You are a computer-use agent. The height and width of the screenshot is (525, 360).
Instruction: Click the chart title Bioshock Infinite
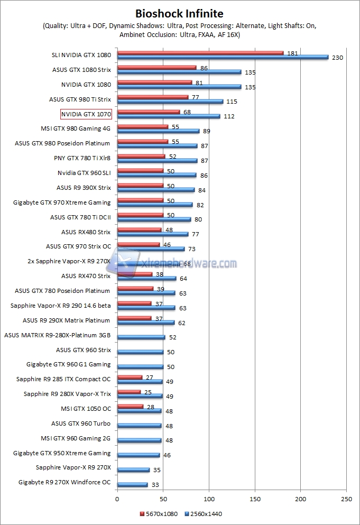point(180,13)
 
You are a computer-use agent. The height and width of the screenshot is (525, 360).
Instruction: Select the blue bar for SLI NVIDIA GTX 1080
point(222,57)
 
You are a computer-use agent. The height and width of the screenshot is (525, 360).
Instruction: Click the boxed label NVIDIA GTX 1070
point(86,114)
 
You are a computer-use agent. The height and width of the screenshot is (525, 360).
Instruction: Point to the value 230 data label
point(338,58)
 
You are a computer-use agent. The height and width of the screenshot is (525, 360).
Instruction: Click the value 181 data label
point(292,53)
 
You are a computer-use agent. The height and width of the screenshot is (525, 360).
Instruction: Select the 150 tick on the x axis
point(255,498)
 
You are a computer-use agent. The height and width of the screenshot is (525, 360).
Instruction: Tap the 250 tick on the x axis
point(347,498)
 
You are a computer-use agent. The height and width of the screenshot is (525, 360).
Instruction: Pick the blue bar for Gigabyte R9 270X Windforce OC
point(132,484)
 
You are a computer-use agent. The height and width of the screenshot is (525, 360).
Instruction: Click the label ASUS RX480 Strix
point(86,232)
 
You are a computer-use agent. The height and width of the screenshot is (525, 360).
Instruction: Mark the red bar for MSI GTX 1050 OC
point(130,406)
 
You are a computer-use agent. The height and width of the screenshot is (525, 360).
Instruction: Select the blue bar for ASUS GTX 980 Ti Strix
point(170,102)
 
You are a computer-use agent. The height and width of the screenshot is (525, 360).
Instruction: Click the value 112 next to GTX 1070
point(229,117)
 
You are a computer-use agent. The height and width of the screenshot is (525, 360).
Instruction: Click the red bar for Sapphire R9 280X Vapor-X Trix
point(129,392)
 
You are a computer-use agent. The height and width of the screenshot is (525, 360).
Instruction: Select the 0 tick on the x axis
point(117,498)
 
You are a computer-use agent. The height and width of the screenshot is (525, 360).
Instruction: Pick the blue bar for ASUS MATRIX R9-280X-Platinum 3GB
point(141,337)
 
